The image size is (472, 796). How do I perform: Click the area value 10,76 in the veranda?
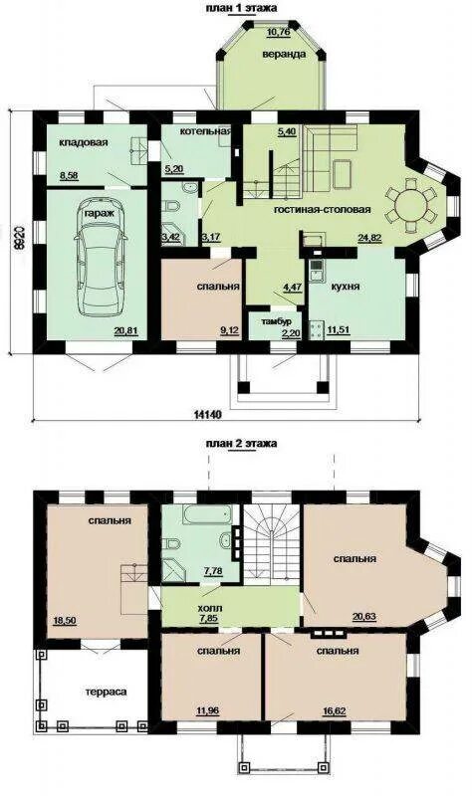(x=279, y=34)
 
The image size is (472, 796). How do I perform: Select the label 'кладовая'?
(x=84, y=142)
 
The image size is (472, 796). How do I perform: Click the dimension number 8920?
(x=20, y=236)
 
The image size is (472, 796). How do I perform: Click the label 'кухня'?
(x=346, y=287)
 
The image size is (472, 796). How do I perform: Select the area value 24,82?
(x=369, y=237)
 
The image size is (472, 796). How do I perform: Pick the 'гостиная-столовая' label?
(x=322, y=209)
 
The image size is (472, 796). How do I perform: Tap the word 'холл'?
(x=209, y=607)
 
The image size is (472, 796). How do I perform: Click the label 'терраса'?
(x=106, y=692)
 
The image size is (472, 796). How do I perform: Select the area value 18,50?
(x=65, y=620)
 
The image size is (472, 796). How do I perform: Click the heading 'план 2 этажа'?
(x=241, y=443)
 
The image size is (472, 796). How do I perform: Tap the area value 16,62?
(x=335, y=710)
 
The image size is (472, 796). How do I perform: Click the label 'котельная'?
(x=205, y=131)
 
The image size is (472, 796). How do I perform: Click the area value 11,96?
(x=208, y=710)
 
